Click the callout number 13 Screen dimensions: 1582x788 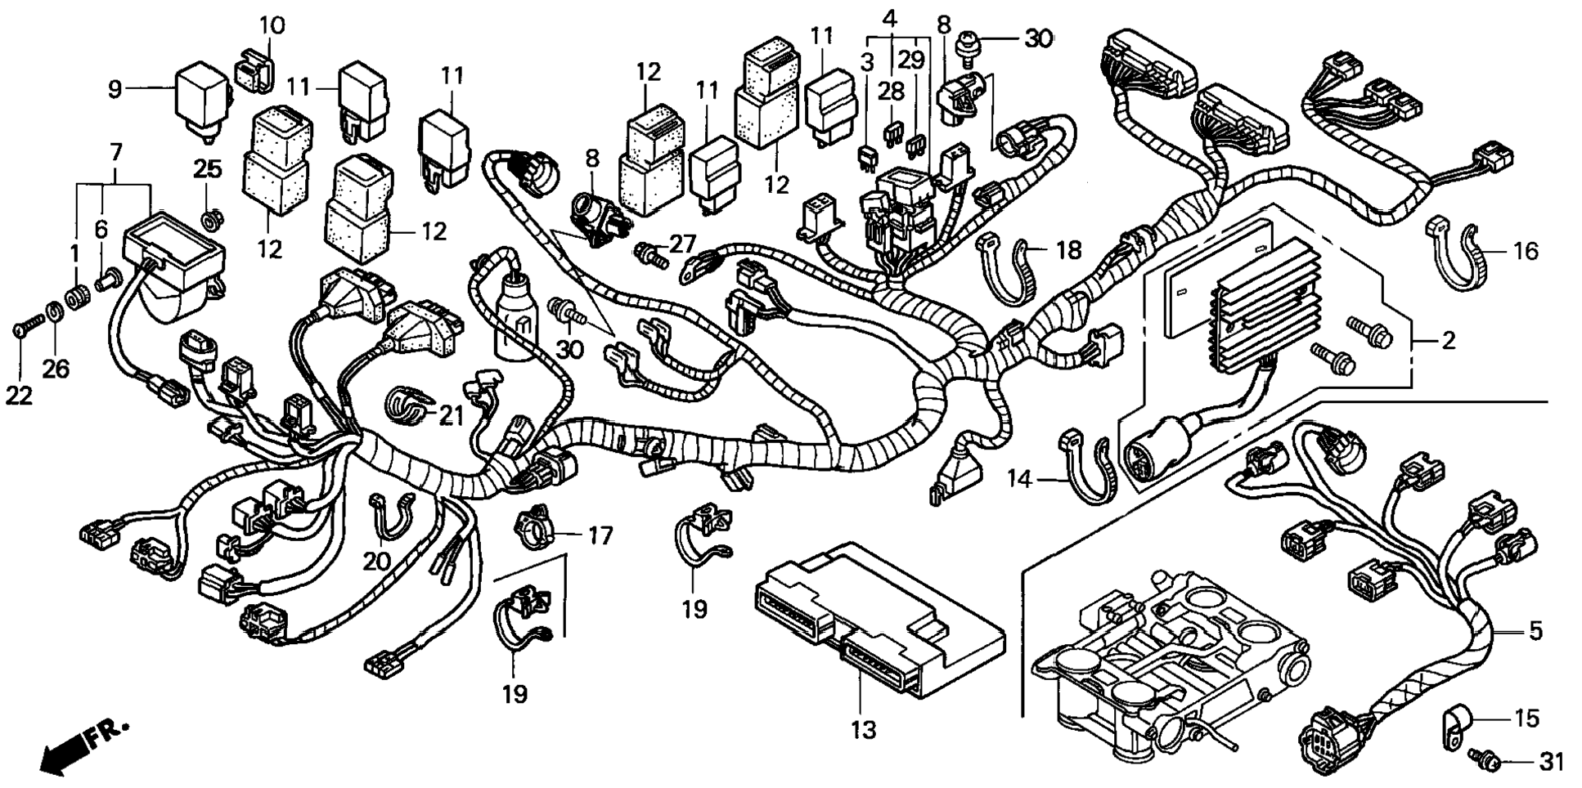(863, 729)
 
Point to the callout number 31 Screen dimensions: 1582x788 (1550, 762)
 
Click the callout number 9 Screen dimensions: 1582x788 (115, 88)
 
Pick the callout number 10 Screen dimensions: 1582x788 (272, 25)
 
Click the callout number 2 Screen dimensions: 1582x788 (1448, 340)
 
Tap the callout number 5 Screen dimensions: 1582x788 (1535, 631)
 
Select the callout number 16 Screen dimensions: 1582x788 (1525, 251)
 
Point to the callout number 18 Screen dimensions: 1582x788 (1068, 249)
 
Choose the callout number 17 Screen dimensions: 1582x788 (600, 536)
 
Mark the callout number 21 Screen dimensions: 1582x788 (451, 416)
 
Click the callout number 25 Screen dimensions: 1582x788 (207, 169)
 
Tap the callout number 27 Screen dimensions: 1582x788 (682, 243)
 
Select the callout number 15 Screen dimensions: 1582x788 (1526, 719)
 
